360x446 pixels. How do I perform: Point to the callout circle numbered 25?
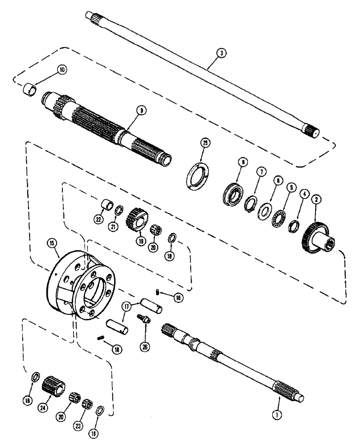pyautogui.click(x=206, y=144)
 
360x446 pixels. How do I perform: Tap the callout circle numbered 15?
pyautogui.click(x=53, y=243)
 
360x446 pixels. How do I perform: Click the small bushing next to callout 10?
pyautogui.click(x=31, y=87)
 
